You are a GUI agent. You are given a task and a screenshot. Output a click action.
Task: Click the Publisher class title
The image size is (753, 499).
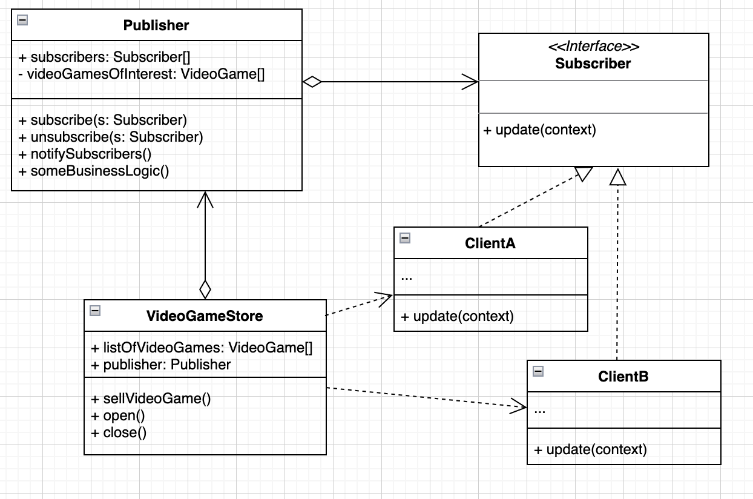156,25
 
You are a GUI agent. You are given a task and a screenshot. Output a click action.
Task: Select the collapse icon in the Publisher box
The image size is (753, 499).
22,20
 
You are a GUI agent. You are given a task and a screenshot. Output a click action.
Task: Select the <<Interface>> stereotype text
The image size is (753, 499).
593,47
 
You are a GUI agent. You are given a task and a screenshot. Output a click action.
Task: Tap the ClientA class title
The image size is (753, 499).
490,243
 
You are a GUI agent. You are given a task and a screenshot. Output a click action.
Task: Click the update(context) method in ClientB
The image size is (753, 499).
591,449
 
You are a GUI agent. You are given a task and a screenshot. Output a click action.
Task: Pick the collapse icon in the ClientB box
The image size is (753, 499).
538,371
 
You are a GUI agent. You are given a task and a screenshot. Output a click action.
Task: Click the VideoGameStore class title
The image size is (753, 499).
205,316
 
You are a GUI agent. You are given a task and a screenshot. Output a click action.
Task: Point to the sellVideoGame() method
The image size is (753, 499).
151,398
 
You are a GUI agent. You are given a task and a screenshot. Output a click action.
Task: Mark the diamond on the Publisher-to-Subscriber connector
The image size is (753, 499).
312,82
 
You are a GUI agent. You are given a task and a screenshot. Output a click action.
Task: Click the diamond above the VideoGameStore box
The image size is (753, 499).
205,289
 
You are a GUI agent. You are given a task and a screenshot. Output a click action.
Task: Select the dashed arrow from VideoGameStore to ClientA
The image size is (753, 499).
357,305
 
